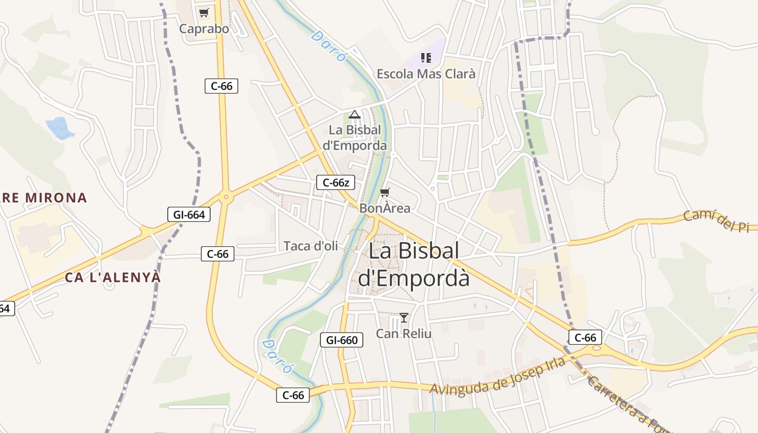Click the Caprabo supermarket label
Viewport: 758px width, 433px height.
coord(204,29)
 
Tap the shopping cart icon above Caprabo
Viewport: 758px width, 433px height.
coord(204,13)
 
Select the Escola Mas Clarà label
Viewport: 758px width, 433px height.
coord(426,74)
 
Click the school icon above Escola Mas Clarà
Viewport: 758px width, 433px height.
coord(426,57)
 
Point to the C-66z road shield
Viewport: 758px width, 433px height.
coord(336,182)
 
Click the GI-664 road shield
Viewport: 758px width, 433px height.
coord(188,214)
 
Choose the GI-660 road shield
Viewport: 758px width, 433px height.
coord(342,340)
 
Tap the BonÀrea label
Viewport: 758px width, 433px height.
coord(385,208)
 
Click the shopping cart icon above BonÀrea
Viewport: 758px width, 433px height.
coord(385,192)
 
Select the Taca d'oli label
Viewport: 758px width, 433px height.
coord(311,246)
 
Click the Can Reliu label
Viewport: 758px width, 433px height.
coord(404,333)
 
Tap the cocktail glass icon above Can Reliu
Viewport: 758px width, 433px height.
coord(403,317)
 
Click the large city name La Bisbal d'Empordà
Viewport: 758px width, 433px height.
coord(414,265)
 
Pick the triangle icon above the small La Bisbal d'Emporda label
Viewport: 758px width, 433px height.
coord(355,114)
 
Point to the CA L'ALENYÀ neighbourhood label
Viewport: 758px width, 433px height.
coord(113,277)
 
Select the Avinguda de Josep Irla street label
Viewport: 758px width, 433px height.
coord(498,377)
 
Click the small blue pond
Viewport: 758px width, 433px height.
coord(60,128)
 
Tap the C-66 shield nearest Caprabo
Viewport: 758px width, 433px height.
coord(221,86)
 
